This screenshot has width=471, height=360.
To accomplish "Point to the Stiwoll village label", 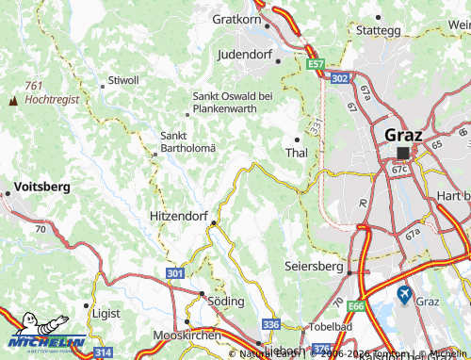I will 124,80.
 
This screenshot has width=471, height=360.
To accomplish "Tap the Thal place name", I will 296,153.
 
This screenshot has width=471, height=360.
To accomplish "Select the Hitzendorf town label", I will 179,217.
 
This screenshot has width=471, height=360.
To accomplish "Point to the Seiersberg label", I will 314,267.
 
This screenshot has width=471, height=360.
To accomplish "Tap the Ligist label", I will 106,310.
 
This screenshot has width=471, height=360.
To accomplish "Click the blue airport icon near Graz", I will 404,294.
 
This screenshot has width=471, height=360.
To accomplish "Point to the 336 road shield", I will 270,324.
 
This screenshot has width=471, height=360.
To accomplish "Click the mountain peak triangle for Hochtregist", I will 13,99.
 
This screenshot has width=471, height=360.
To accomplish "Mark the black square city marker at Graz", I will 404,152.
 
